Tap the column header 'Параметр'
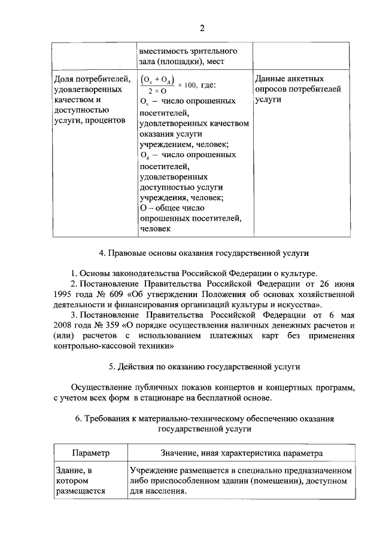coord(90,454)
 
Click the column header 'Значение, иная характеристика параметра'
coord(241,454)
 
